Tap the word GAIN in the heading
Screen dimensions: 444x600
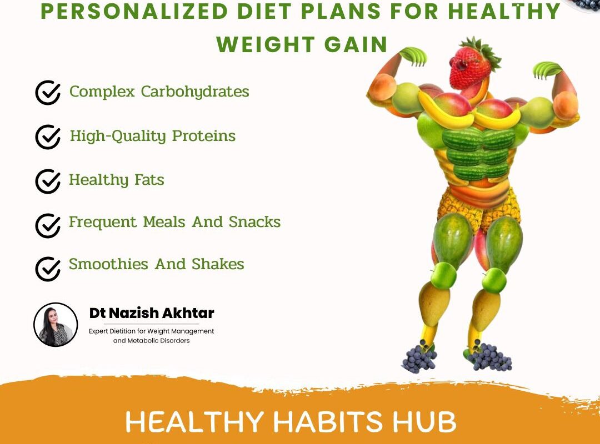coord(358,44)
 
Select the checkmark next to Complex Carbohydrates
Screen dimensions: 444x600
coord(48,93)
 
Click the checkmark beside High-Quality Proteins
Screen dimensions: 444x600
coord(48,137)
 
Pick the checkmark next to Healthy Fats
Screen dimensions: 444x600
coord(48,181)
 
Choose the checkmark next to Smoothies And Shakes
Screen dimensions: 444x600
coord(48,269)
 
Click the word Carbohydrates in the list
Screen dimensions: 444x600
coord(195,92)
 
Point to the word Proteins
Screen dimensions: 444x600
coord(204,136)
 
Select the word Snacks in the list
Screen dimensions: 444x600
coord(254,222)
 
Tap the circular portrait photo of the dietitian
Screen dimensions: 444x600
coord(56,325)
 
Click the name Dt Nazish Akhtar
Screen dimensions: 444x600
coord(152,314)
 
